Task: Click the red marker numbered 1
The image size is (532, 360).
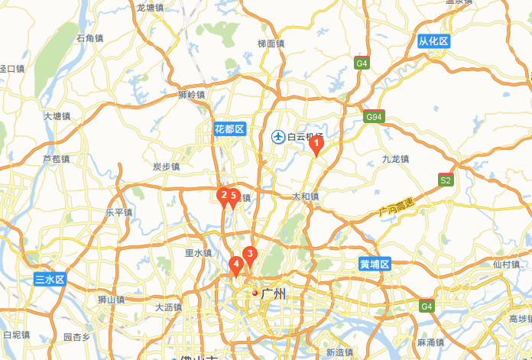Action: (x=319, y=143)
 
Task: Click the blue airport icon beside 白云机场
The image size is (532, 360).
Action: (x=278, y=137)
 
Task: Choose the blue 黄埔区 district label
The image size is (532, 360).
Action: (x=375, y=264)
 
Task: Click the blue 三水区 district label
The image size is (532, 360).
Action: (x=50, y=280)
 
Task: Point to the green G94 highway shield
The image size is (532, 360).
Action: (x=374, y=117)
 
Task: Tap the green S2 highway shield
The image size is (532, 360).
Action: (x=446, y=180)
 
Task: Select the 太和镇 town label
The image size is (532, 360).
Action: (x=305, y=196)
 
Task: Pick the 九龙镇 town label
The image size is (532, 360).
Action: (x=395, y=159)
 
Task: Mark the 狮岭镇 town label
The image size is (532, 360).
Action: (x=192, y=95)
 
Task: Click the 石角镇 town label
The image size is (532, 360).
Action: (x=90, y=38)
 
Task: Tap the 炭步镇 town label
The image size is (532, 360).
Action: (x=166, y=167)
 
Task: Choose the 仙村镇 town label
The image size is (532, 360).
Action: (x=507, y=264)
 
